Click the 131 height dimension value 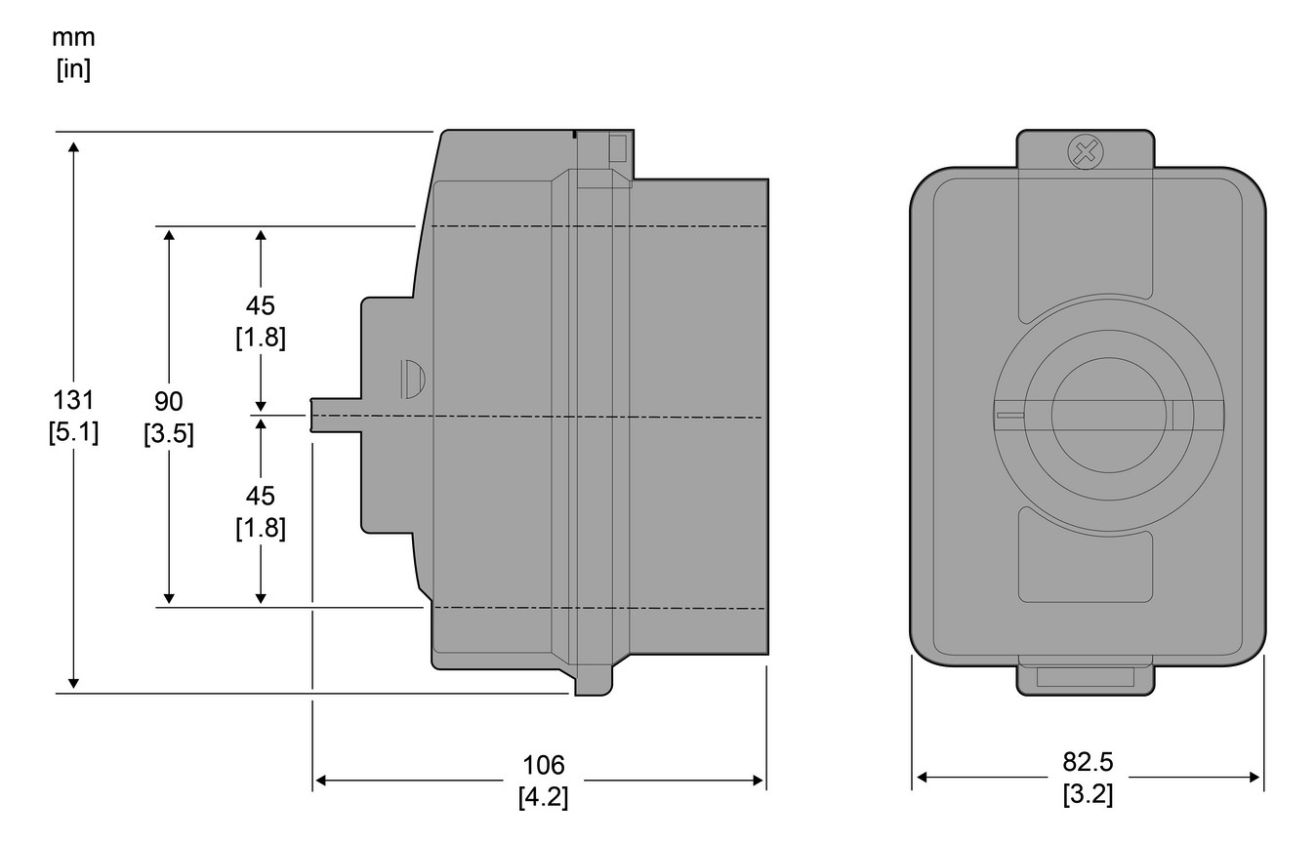coord(73,401)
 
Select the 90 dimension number coord(168,401)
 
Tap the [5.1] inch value coord(73,431)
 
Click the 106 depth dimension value coord(544,765)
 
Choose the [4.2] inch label coord(544,796)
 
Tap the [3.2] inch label coord(1088,793)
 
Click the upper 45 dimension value coord(260,305)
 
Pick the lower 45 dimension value coord(260,496)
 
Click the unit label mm coord(74,38)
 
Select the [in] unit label coord(73,70)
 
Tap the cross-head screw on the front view coord(1082,150)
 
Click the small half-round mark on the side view coord(413,378)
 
